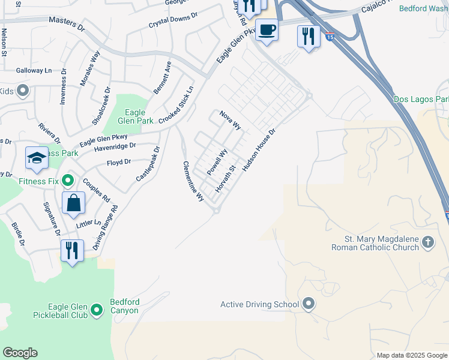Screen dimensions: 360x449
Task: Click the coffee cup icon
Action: coord(267,29)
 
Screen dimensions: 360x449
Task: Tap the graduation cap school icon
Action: coord(37,158)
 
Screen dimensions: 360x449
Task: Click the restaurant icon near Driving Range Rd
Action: coord(71,250)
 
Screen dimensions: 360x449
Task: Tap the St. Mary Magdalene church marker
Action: coord(427,242)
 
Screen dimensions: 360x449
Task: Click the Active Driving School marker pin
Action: coord(309,304)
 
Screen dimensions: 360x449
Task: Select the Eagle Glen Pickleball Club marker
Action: coord(97,311)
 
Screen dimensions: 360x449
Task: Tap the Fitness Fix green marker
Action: coord(68,180)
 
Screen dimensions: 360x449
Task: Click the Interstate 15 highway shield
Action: coord(330,37)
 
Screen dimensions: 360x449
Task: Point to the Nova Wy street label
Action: coord(230,121)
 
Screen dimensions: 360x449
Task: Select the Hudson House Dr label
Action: coord(259,151)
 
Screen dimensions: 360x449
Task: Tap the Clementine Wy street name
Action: coord(193,182)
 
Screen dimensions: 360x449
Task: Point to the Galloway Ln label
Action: coord(35,70)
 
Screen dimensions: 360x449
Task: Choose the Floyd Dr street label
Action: coord(118,163)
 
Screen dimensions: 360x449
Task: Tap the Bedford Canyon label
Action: coord(124,306)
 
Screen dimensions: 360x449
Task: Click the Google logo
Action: coord(20,353)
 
